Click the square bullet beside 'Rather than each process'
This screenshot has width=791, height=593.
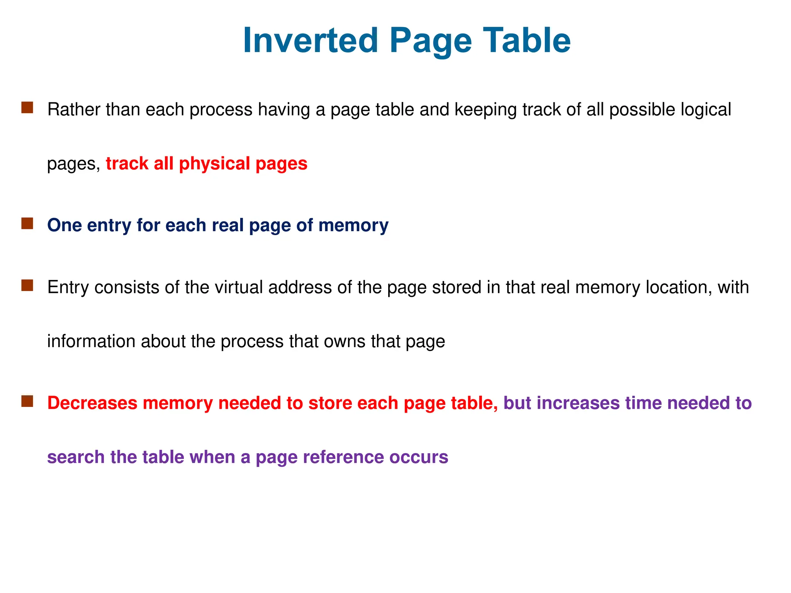(x=27, y=108)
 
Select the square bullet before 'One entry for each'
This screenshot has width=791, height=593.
(x=27, y=224)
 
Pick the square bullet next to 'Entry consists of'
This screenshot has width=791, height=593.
(x=27, y=286)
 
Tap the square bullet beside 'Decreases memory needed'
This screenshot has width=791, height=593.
(x=27, y=401)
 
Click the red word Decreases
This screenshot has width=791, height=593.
(x=92, y=403)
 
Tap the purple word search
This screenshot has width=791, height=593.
(x=76, y=457)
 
